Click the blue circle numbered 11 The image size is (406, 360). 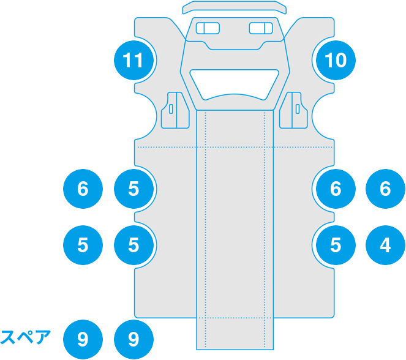tap(133, 60)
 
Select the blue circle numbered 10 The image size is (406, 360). tap(335, 60)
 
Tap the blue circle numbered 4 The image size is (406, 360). tap(385, 245)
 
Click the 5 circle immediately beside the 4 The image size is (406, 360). tap(335, 245)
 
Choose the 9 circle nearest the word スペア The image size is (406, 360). tap(83, 339)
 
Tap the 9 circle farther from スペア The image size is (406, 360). tap(133, 339)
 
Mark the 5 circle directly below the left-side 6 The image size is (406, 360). tap(83, 245)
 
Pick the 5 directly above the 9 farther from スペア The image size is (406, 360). tap(133, 245)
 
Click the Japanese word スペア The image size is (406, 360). tap(25, 337)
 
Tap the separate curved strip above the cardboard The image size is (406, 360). tap(235, 7)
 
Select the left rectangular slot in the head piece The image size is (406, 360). tap(208, 28)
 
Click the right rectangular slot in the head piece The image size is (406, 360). tap(261, 28)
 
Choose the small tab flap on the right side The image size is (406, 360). tap(296, 110)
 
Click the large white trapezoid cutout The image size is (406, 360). tap(235, 82)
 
